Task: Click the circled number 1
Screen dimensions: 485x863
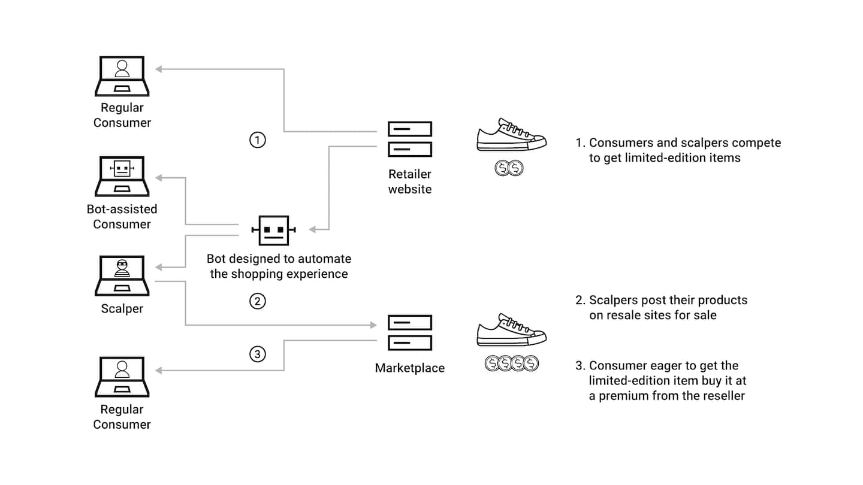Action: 257,140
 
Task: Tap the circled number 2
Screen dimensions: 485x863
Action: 257,301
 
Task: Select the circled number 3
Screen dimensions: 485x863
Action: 257,354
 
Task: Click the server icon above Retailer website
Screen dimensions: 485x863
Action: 409,139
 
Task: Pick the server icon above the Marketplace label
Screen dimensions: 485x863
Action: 409,333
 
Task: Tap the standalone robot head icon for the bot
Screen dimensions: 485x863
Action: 273,231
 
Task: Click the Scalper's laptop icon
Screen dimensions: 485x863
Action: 122,275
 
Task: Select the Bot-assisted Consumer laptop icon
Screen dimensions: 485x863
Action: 122,177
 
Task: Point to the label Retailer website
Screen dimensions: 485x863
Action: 410,181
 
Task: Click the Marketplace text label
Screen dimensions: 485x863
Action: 410,368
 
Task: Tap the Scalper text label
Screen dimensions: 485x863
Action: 122,309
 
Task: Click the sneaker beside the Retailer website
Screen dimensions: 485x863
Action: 511,136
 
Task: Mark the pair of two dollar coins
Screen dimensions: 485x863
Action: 509,168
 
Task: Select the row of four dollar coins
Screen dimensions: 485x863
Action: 512,363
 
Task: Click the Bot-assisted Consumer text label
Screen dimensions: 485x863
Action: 122,216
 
